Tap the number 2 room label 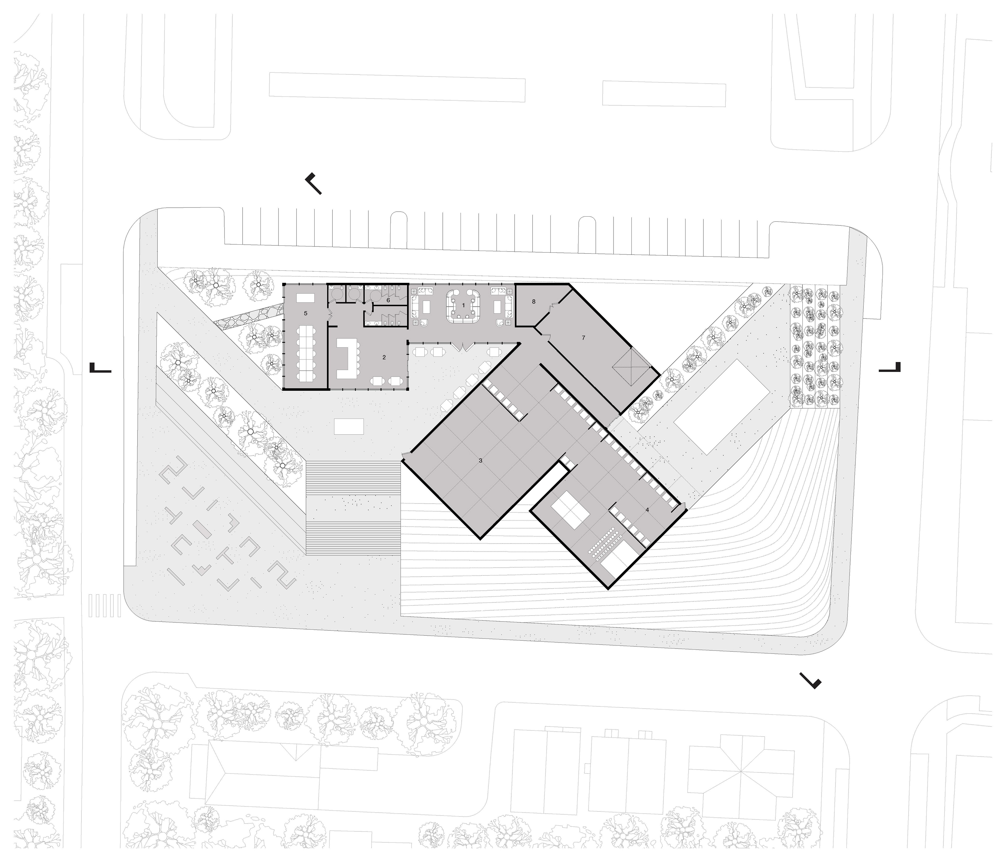384,357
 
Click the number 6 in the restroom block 389,300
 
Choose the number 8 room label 534,301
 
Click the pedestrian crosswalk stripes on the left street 105,605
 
